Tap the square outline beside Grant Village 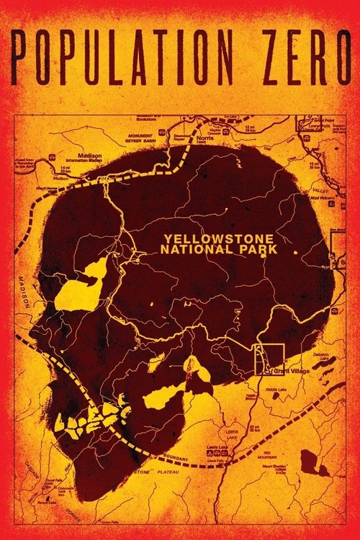pos(270,358)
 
